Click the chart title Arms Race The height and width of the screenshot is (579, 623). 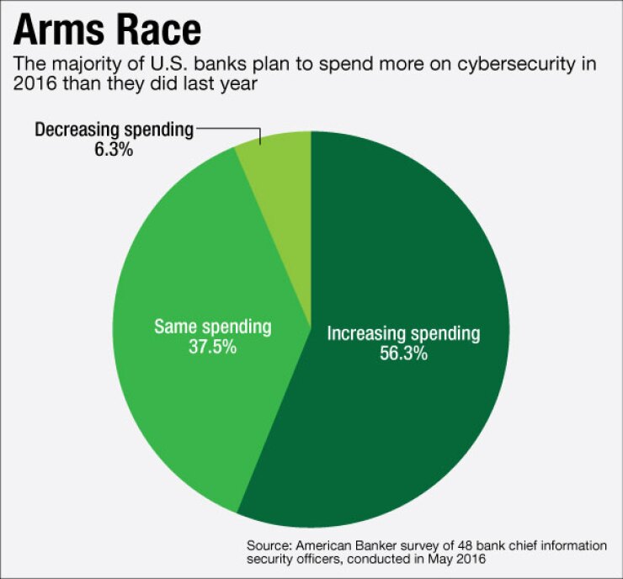(108, 31)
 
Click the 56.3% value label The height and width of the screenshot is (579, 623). (403, 354)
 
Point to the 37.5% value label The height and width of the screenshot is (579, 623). (212, 346)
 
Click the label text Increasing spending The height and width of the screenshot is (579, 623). (403, 334)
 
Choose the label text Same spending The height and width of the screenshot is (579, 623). (212, 326)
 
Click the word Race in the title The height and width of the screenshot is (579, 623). (157, 31)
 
